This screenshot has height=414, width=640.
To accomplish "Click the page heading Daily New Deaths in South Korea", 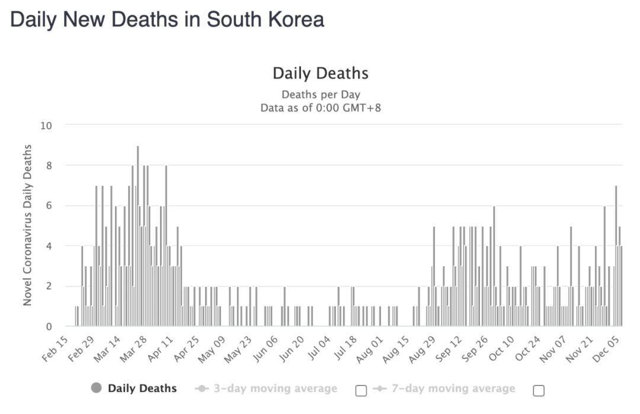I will coord(167,19).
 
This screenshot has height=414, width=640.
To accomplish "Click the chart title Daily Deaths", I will coord(320,74).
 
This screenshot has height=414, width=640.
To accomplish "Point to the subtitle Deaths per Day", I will coord(320,94).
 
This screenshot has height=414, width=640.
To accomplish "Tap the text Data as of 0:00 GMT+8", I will coord(320,108).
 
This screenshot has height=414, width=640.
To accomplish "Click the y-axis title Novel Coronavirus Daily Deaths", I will coord(27,225).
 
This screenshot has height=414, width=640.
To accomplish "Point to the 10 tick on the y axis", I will coord(46,125).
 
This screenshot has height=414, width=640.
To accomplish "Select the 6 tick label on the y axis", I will coord(49,206).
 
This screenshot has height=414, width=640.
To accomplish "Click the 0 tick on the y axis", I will coord(49,326).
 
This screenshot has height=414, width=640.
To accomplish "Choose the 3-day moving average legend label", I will coord(274,388).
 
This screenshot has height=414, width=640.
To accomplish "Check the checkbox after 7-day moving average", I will coord(539,390).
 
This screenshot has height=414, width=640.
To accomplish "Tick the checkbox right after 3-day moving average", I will coord(361,390).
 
